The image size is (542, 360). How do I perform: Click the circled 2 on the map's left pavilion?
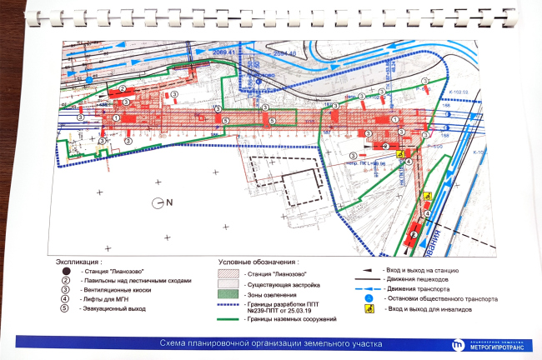click(x=122, y=88)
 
